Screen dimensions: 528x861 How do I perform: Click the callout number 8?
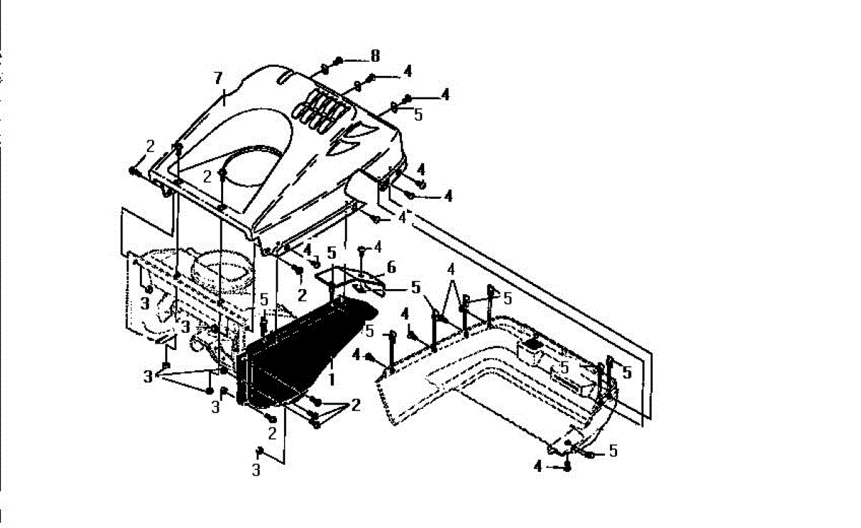[375, 55]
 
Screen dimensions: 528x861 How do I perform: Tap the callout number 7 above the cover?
[219, 77]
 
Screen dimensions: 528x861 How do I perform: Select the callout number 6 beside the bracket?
[391, 267]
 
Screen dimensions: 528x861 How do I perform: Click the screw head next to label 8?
[340, 59]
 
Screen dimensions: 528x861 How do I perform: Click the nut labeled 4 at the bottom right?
[568, 466]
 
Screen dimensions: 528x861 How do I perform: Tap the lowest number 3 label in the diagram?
[256, 471]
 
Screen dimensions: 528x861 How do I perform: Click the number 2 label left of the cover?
[150, 146]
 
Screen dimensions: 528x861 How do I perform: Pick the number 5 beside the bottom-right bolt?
[613, 451]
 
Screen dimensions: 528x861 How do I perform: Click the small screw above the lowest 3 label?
[259, 451]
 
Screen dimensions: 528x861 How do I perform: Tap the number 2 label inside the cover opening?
[207, 176]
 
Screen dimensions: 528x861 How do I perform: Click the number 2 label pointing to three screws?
[356, 405]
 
